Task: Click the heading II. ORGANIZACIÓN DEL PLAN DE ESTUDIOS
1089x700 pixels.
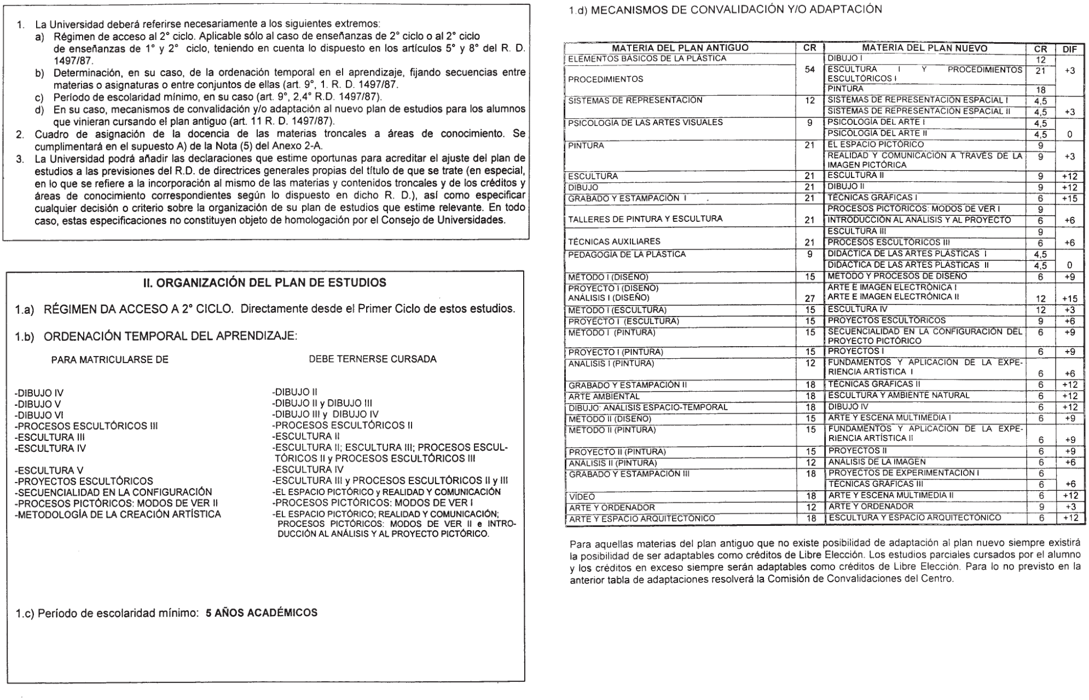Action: pyautogui.click(x=264, y=283)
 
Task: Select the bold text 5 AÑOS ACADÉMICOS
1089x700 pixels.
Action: pyautogui.click(x=261, y=612)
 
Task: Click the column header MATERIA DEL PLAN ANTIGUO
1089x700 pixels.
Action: pyautogui.click(x=680, y=48)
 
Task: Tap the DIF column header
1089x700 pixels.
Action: pyautogui.click(x=1069, y=49)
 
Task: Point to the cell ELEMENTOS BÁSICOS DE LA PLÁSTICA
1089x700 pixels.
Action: pyautogui.click(x=647, y=58)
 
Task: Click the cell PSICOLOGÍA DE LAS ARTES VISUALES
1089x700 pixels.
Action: pyautogui.click(x=646, y=122)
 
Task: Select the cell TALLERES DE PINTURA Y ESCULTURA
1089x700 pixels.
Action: pyautogui.click(x=645, y=219)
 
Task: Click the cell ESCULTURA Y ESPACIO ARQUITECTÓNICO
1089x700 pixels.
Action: pyautogui.click(x=914, y=518)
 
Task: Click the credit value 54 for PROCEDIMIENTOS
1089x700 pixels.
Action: pyautogui.click(x=810, y=70)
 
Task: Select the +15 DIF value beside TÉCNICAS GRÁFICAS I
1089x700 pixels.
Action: pyautogui.click(x=1069, y=198)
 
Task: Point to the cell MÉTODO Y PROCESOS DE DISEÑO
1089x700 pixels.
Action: pyautogui.click(x=897, y=276)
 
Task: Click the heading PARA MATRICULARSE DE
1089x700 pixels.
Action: pyautogui.click(x=109, y=360)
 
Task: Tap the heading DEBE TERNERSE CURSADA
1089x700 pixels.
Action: pyautogui.click(x=373, y=359)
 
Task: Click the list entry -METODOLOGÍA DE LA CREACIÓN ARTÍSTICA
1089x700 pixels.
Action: pyautogui.click(x=118, y=514)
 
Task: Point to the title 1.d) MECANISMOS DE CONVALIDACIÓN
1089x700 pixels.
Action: pyautogui.click(x=725, y=9)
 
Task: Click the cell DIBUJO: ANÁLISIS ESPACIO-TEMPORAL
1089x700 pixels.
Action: pyautogui.click(x=648, y=408)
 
